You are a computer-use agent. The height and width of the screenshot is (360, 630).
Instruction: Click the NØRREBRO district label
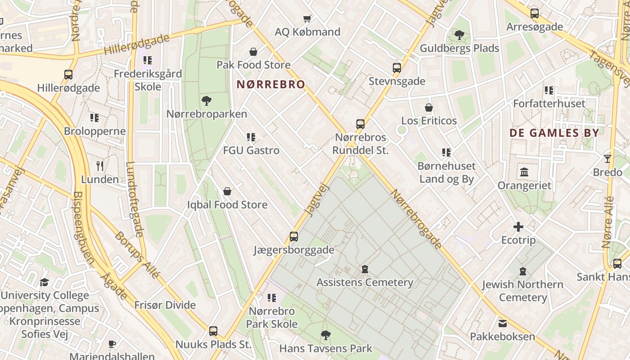click(271, 85)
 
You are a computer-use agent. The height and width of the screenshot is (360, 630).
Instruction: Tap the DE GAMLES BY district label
click(554, 133)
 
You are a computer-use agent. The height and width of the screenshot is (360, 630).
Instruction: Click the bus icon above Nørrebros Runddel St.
click(360, 124)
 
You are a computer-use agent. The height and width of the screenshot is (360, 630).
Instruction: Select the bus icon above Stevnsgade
click(396, 68)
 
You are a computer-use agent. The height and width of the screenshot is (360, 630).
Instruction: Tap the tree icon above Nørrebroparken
click(207, 100)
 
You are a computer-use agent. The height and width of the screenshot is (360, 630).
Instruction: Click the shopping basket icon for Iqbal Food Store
click(227, 192)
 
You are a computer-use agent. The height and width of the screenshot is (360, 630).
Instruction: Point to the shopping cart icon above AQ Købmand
click(307, 18)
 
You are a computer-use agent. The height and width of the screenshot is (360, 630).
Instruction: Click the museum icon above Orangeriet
click(524, 172)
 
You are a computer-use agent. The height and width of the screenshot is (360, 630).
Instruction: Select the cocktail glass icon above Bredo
click(607, 158)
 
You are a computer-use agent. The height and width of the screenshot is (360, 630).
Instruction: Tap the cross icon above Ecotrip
click(518, 227)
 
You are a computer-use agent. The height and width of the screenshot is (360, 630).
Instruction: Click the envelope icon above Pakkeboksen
click(502, 323)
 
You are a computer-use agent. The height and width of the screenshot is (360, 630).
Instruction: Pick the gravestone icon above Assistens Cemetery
click(364, 269)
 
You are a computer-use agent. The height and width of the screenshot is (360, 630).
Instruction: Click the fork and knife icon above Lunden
click(100, 166)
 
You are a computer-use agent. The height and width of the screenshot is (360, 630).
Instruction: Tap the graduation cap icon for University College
click(44, 282)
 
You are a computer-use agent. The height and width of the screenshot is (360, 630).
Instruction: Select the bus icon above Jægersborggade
click(293, 237)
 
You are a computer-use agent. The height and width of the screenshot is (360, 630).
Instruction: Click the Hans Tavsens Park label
click(326, 348)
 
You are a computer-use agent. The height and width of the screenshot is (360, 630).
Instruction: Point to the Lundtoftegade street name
click(135, 199)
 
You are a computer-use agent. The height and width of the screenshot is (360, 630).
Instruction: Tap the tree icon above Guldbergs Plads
click(459, 35)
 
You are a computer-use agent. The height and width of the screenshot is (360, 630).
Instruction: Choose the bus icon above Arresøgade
click(534, 13)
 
